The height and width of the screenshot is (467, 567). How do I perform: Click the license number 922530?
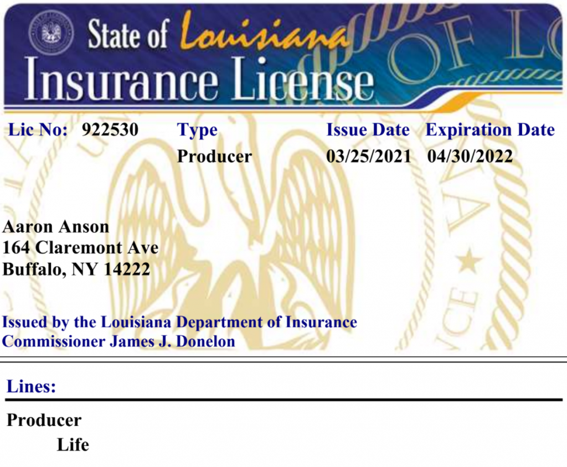pos(110,130)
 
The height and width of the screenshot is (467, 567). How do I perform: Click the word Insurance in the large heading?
pos(121,81)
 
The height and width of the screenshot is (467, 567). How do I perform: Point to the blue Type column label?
pos(197,131)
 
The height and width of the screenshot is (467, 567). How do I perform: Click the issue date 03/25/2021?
pos(369,157)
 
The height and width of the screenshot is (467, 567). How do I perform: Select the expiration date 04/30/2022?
pos(470,157)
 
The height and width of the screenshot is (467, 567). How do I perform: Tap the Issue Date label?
pos(368,130)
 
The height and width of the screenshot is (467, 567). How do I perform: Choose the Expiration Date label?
pos(490,130)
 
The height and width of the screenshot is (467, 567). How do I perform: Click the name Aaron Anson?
pos(56,227)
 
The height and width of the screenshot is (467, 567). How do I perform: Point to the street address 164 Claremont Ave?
pos(81,248)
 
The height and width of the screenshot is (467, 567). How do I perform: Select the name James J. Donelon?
pos(172,341)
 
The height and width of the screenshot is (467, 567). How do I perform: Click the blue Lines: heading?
pos(31,386)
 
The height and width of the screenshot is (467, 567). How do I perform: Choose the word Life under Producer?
pos(73,445)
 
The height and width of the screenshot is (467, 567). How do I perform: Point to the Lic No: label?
pos(38,130)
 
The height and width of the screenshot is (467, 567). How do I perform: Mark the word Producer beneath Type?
pos(214,157)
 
